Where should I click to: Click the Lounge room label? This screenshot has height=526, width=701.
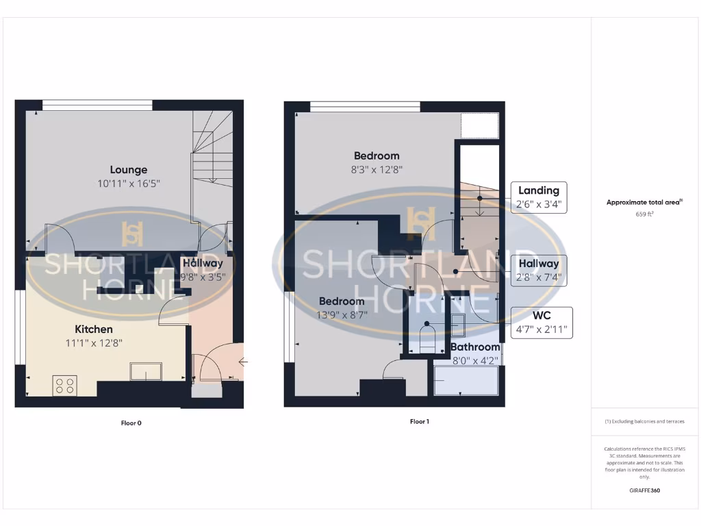(x=129, y=170)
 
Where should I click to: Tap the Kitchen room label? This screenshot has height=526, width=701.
(x=94, y=329)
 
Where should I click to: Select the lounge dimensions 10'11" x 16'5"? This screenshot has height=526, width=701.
(x=129, y=184)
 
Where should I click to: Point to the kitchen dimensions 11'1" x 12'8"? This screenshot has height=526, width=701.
(x=94, y=342)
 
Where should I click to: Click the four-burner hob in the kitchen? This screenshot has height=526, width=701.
(x=64, y=386)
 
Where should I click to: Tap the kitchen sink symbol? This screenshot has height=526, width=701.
(x=146, y=372)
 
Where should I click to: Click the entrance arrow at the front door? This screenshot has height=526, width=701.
(x=242, y=362)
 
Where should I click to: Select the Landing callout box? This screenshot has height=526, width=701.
(x=539, y=197)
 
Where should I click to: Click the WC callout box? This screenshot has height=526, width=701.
(x=542, y=323)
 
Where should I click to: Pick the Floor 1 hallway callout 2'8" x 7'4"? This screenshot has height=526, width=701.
(x=539, y=271)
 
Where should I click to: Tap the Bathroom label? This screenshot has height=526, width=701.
(x=475, y=347)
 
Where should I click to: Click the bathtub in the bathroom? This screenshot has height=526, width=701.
(x=467, y=380)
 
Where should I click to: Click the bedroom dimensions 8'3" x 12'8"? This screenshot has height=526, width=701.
(x=376, y=170)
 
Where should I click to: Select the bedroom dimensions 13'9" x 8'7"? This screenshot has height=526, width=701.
(x=342, y=315)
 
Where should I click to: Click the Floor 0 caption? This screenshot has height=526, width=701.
(x=131, y=423)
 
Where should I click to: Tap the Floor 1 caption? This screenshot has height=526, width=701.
(x=419, y=422)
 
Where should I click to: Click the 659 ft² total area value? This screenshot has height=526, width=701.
(x=644, y=214)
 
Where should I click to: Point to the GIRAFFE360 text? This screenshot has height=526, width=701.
(x=644, y=490)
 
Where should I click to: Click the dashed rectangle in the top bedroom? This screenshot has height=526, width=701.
(x=479, y=126)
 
